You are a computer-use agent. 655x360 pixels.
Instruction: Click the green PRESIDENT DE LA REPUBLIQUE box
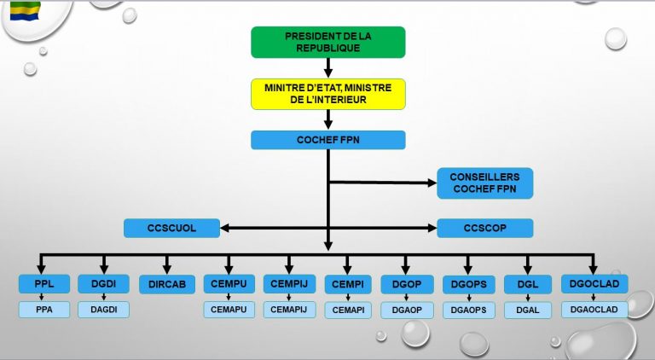pos(327,42)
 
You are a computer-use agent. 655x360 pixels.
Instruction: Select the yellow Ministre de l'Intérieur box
pos(327,94)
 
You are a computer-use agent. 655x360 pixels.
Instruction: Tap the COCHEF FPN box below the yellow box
pos(327,140)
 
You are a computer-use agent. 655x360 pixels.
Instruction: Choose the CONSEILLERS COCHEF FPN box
pos(484,183)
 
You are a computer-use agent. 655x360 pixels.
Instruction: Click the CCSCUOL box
pos(171,228)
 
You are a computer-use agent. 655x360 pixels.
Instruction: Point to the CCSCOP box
pos(484,228)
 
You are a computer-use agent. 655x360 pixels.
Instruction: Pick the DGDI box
pos(103,284)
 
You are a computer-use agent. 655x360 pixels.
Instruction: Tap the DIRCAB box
pos(167,284)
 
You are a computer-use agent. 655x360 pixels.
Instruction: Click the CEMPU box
pos(229,284)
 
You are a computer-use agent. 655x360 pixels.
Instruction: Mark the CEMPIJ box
pos(288,284)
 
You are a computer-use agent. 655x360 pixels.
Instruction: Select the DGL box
pos(528,284)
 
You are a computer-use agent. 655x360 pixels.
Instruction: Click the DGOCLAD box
pos(594,284)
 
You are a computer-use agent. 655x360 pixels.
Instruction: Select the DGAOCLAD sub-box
pos(594,309)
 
